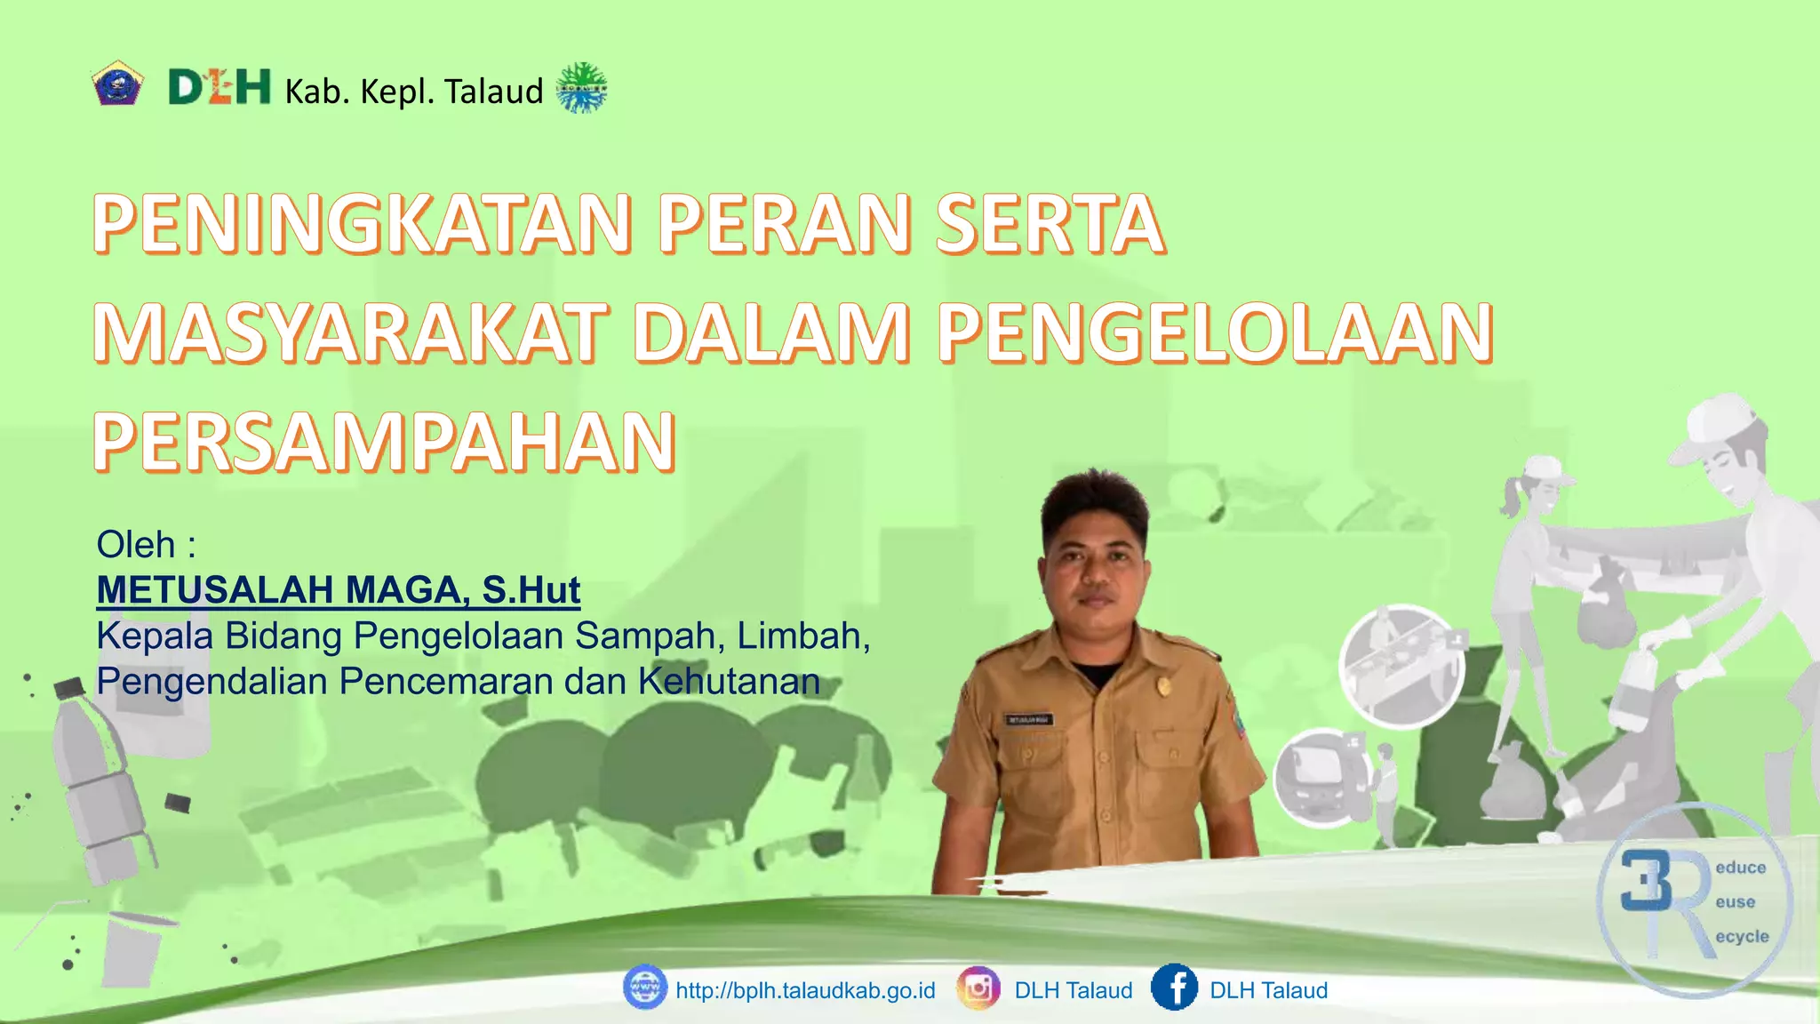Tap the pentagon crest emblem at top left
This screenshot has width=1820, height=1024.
point(117,85)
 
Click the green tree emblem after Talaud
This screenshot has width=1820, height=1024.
point(581,88)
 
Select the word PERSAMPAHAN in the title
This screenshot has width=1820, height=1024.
point(385,442)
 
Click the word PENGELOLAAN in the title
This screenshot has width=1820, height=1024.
point(1215,333)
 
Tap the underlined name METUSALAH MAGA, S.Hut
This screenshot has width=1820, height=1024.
point(339,590)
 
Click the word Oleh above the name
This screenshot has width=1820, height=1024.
point(136,545)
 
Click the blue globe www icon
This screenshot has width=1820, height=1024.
point(644,988)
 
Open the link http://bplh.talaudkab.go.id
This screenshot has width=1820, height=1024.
point(805,990)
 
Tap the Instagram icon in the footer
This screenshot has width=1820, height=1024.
point(978,988)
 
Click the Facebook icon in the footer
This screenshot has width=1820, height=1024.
point(1173,988)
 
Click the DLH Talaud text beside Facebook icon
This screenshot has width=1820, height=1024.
point(1268,990)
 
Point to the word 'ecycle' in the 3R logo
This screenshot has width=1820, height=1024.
point(1742,937)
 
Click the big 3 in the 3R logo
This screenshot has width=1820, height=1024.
point(1646,881)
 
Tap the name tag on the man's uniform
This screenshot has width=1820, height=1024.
point(1029,719)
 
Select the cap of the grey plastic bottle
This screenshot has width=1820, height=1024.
point(68,687)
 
